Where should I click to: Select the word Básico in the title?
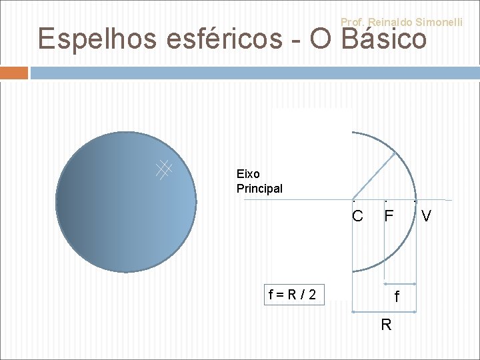click(x=383, y=39)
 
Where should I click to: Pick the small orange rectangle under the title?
click(x=14, y=73)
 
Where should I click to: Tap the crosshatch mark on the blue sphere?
click(x=164, y=169)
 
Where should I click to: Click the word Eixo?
click(x=248, y=174)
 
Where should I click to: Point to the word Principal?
click(x=259, y=189)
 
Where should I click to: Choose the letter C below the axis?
click(x=357, y=217)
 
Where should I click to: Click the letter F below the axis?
click(x=389, y=217)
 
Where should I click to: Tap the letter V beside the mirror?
click(x=427, y=217)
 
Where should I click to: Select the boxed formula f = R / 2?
click(x=293, y=294)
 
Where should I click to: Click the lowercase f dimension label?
click(x=397, y=298)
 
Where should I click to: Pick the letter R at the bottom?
click(x=385, y=325)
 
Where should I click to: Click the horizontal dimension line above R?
click(x=383, y=311)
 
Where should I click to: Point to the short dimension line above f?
click(x=399, y=283)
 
